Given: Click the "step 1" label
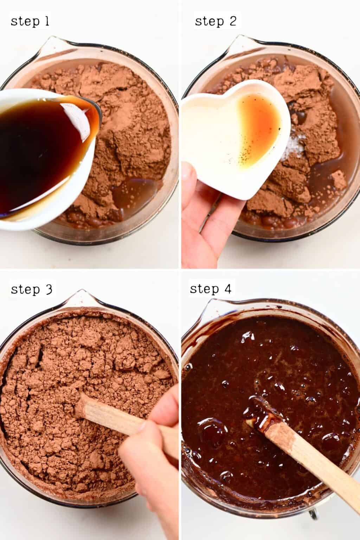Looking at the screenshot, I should click(30, 21).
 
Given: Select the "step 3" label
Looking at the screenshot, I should click(32, 289).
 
